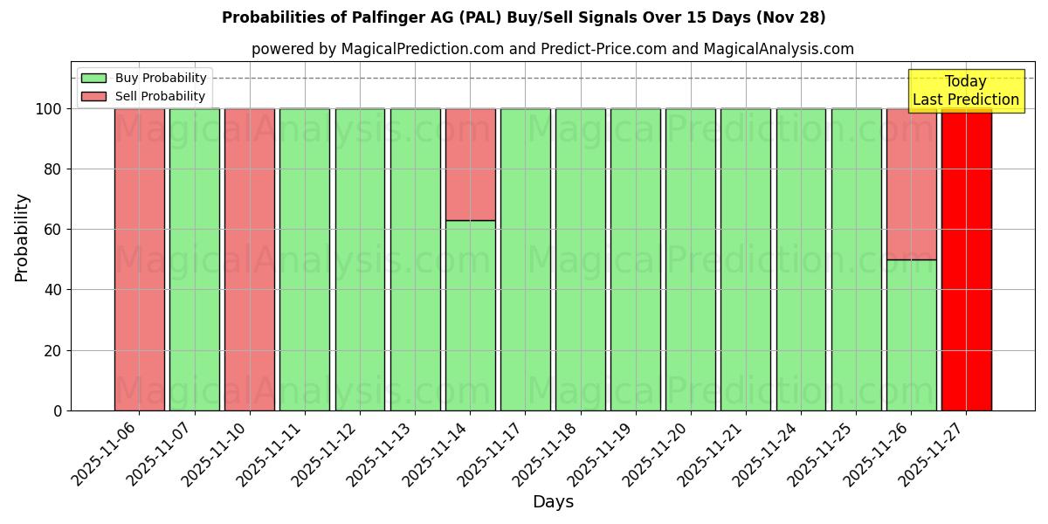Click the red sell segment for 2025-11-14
pos(470,164)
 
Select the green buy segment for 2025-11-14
pos(470,315)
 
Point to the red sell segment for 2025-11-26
pos(911,183)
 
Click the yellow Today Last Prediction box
pos(966,91)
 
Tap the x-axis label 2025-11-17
pos(489,453)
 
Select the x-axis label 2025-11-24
pos(764,453)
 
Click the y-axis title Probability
pos(22,237)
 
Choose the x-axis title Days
pos(553,502)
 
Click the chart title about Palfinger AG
pos(524,17)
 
